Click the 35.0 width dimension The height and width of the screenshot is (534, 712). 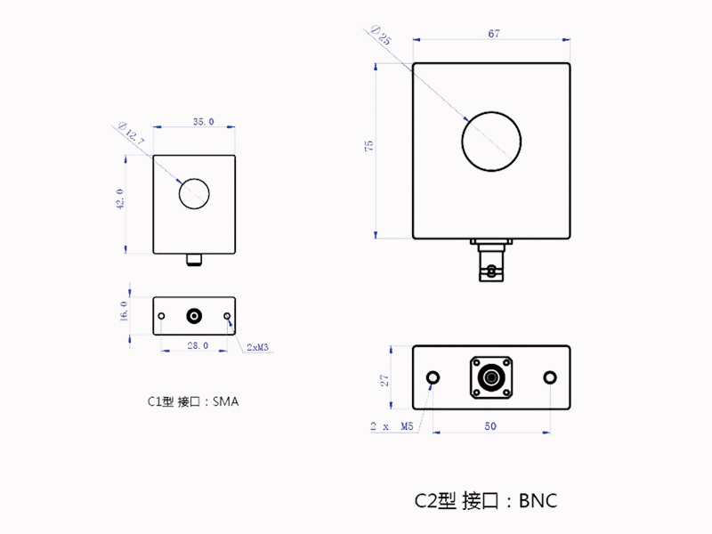click(204, 122)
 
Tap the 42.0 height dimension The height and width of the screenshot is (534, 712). click(120, 198)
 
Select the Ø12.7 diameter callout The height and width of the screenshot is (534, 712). click(131, 133)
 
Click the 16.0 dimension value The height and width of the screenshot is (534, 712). click(124, 311)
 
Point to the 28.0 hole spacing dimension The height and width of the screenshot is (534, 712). click(198, 345)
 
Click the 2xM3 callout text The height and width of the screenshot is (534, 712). click(257, 347)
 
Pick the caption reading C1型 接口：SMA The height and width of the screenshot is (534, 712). click(193, 401)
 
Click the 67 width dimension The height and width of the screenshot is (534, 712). click(494, 34)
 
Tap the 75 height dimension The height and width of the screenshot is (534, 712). click(368, 146)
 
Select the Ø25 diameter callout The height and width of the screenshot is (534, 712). click(381, 36)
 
